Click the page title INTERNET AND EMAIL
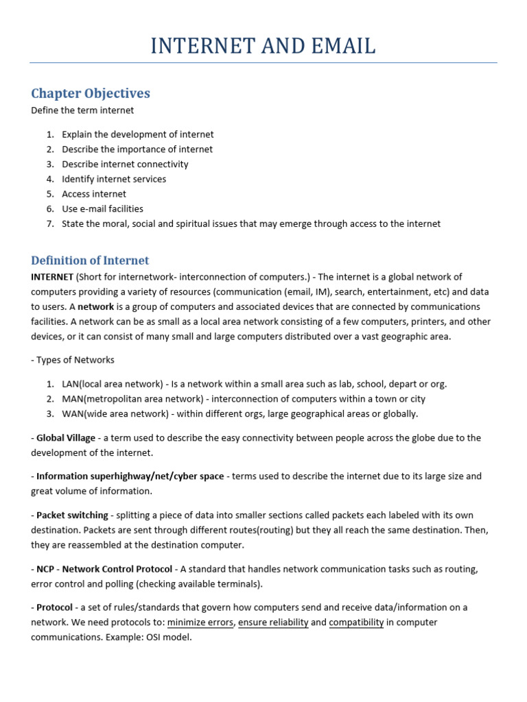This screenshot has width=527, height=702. pos(263,46)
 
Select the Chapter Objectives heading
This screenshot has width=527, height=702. pos(91,93)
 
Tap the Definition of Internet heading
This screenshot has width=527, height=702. pos(90,261)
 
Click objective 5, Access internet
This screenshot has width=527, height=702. pos(94,194)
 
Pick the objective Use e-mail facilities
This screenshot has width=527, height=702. pos(102,208)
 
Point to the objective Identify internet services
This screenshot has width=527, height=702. pos(114,179)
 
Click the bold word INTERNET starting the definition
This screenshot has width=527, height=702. pos(52,277)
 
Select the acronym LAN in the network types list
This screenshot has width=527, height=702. pos(71,384)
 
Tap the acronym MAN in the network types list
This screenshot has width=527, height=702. pos(72,399)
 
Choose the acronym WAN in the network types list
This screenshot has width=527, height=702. pos(73,413)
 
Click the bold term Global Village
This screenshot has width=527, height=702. pos(66,438)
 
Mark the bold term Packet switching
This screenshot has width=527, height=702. pos(72,515)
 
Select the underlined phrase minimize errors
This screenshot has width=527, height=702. pos(201,622)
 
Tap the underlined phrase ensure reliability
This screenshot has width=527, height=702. pos(273,622)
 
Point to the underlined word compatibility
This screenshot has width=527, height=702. pos(356,622)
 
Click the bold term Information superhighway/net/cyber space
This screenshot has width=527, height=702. pos(130,476)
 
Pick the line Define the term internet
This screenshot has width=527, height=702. pos(82,110)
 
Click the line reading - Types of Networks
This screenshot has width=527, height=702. pos(73,360)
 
